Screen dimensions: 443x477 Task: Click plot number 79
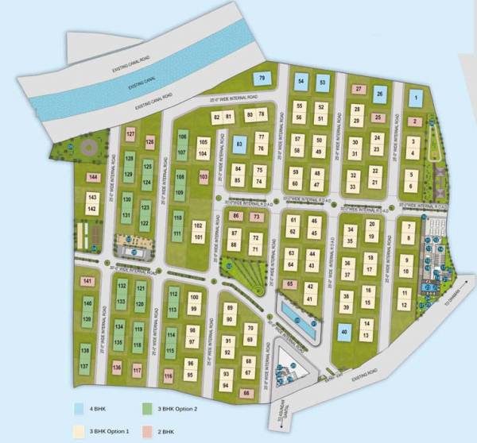262,78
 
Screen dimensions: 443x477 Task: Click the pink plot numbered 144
94,177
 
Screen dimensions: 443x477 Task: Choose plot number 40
345,333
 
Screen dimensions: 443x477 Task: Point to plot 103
204,176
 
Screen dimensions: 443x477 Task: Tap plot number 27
359,89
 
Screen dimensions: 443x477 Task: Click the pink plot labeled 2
415,121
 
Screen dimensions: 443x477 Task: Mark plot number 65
291,283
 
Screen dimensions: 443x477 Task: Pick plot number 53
322,82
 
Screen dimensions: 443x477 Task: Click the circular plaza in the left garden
86,148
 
